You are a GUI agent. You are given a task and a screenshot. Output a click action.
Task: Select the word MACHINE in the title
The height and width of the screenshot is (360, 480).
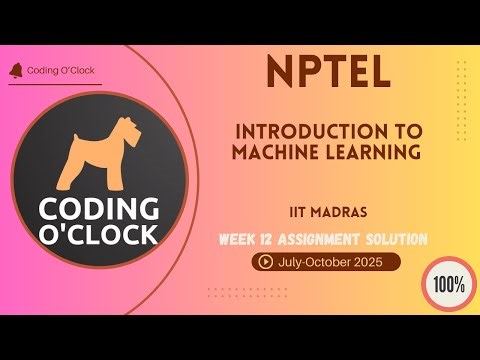click(x=276, y=152)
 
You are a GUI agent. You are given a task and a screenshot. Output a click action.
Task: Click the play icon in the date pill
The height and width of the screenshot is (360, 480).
click(x=266, y=262)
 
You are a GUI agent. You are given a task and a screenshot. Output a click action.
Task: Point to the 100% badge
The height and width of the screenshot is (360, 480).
click(x=449, y=283)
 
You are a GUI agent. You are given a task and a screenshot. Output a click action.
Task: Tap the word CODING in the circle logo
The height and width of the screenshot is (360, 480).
click(x=98, y=208)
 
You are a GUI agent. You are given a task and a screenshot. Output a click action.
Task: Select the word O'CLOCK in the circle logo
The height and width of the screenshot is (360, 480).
click(x=98, y=234)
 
